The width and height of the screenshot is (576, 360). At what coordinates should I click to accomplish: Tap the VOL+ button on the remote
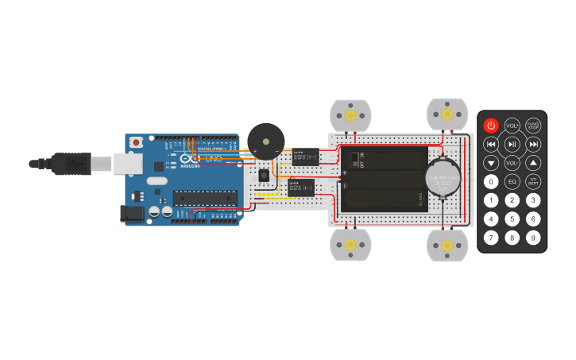coord(512,125)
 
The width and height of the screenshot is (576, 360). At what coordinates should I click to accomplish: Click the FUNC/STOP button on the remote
coord(533,125)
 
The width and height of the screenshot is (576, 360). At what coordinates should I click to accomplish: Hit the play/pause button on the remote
coord(512,144)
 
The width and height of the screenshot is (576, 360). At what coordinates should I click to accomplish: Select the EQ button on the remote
coord(512,181)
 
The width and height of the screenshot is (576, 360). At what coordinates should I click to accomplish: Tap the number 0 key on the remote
coord(491,181)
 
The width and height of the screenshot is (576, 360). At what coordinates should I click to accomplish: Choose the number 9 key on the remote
coord(533,237)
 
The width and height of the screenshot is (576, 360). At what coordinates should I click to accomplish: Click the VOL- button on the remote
coord(512,163)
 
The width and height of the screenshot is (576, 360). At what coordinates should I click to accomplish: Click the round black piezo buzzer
coord(265,141)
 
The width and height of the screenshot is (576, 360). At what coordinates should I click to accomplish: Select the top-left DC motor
coord(350,115)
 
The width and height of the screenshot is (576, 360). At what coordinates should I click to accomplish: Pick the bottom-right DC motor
coord(447,245)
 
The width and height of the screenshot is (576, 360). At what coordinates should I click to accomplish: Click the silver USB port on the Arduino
coord(127,163)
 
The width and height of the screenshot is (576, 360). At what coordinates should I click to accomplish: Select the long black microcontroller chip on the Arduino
coord(205,198)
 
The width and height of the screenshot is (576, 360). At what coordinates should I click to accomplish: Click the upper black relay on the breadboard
coord(305,156)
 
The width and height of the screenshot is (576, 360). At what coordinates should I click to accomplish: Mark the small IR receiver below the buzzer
coord(263,174)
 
